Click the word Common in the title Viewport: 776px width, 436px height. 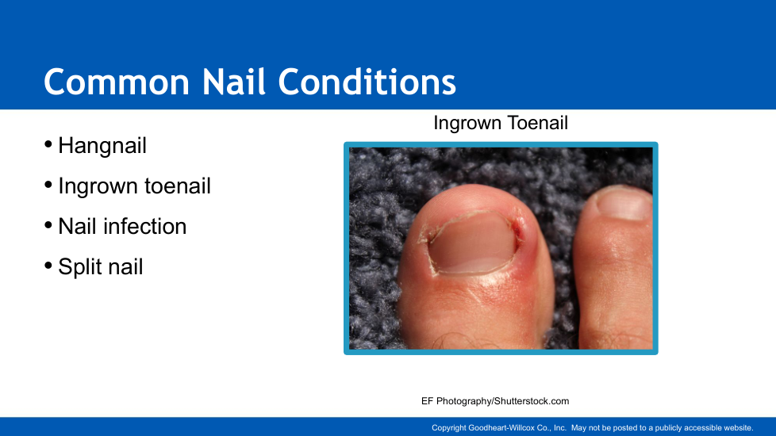(x=117, y=82)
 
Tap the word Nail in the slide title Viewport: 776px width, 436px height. (x=234, y=82)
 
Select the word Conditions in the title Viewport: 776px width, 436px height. (x=367, y=82)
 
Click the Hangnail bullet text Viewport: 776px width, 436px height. (x=102, y=146)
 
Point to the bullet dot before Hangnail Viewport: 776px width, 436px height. (x=48, y=144)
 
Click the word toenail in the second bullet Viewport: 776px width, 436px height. (x=177, y=185)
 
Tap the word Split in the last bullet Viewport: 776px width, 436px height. (x=80, y=267)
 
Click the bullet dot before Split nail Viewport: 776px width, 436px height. (x=48, y=266)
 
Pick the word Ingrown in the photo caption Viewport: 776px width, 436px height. (x=463, y=124)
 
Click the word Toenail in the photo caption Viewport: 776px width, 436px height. (x=533, y=123)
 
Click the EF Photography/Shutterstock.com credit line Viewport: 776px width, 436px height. (x=495, y=401)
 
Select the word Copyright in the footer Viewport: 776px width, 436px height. (x=449, y=428)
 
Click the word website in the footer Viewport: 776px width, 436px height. (x=738, y=427)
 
